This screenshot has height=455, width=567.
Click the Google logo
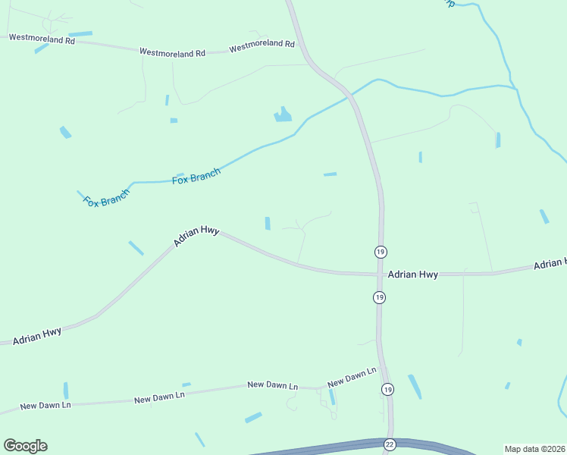click(x=25, y=446)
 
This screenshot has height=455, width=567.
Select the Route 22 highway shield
click(x=389, y=444)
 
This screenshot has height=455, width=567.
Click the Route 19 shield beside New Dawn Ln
click(x=387, y=389)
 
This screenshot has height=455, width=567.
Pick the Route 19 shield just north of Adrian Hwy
click(x=380, y=251)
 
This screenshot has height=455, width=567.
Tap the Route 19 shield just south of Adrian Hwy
click(x=379, y=297)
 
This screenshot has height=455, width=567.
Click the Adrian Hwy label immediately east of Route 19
click(x=412, y=275)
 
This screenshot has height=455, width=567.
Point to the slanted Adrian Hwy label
click(x=196, y=236)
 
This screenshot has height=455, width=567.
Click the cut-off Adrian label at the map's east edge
click(x=550, y=264)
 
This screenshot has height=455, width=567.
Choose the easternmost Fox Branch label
click(x=196, y=176)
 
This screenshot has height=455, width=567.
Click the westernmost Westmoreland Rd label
click(x=42, y=39)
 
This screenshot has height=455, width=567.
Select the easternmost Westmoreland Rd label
click(x=262, y=45)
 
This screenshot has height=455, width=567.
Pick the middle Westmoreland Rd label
click(x=172, y=53)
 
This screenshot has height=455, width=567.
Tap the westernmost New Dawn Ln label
click(x=45, y=405)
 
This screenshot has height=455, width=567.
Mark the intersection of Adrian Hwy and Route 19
click(x=380, y=275)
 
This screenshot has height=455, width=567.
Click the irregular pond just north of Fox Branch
click(x=283, y=115)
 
